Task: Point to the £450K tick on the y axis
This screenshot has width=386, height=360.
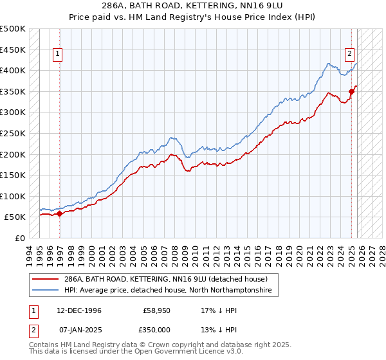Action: (13, 50)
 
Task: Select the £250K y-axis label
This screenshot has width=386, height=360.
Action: (13, 133)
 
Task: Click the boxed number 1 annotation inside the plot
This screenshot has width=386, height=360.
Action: (58, 55)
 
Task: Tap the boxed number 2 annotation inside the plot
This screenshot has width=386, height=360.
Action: (349, 55)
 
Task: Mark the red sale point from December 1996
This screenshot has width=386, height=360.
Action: (59, 213)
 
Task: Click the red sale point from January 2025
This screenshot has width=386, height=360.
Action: (352, 92)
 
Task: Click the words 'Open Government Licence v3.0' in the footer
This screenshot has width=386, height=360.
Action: (187, 352)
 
